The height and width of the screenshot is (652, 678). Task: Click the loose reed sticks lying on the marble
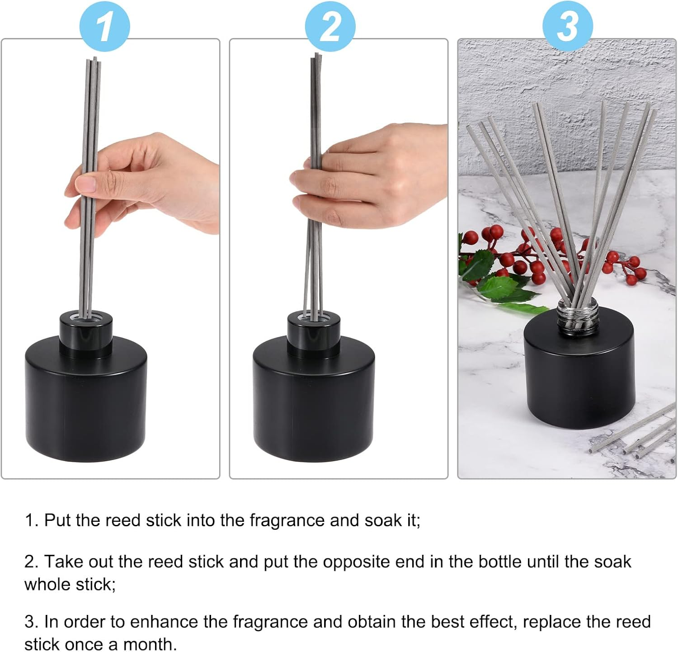[633, 434]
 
